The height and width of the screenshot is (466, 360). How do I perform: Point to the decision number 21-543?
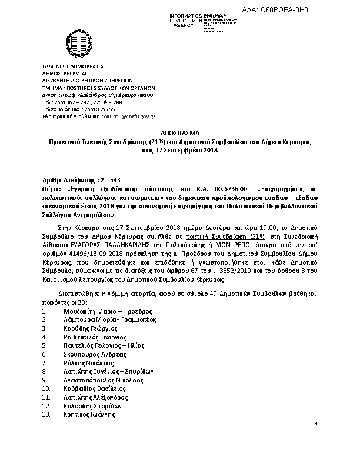pos(112,179)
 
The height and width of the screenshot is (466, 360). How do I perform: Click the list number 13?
pos(47,415)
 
